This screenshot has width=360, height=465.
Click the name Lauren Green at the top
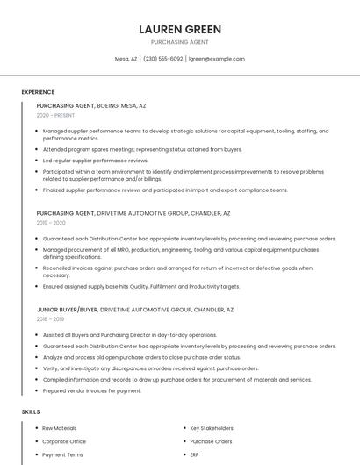(x=180, y=29)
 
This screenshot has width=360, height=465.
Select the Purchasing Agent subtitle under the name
(x=180, y=42)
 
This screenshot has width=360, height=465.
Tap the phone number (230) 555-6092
(x=163, y=59)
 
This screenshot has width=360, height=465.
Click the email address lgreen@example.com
(x=217, y=59)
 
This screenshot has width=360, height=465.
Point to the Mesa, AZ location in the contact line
(x=126, y=59)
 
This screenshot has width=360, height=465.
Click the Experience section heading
(x=38, y=92)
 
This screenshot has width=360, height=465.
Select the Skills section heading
(x=31, y=411)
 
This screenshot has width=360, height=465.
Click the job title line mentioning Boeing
(x=91, y=105)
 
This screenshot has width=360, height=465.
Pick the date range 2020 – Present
(x=55, y=115)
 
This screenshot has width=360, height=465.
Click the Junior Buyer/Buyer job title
(x=68, y=310)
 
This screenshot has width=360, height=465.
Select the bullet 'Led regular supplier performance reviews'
(x=96, y=161)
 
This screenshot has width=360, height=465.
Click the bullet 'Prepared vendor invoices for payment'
(x=91, y=390)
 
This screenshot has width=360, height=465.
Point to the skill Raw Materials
(x=59, y=428)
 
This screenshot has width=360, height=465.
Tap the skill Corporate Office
(x=64, y=441)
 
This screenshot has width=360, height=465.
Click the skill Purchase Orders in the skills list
(x=211, y=441)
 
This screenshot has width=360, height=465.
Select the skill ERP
(x=195, y=455)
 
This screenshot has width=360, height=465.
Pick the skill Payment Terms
(x=62, y=455)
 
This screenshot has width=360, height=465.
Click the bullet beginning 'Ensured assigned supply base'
(x=140, y=286)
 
